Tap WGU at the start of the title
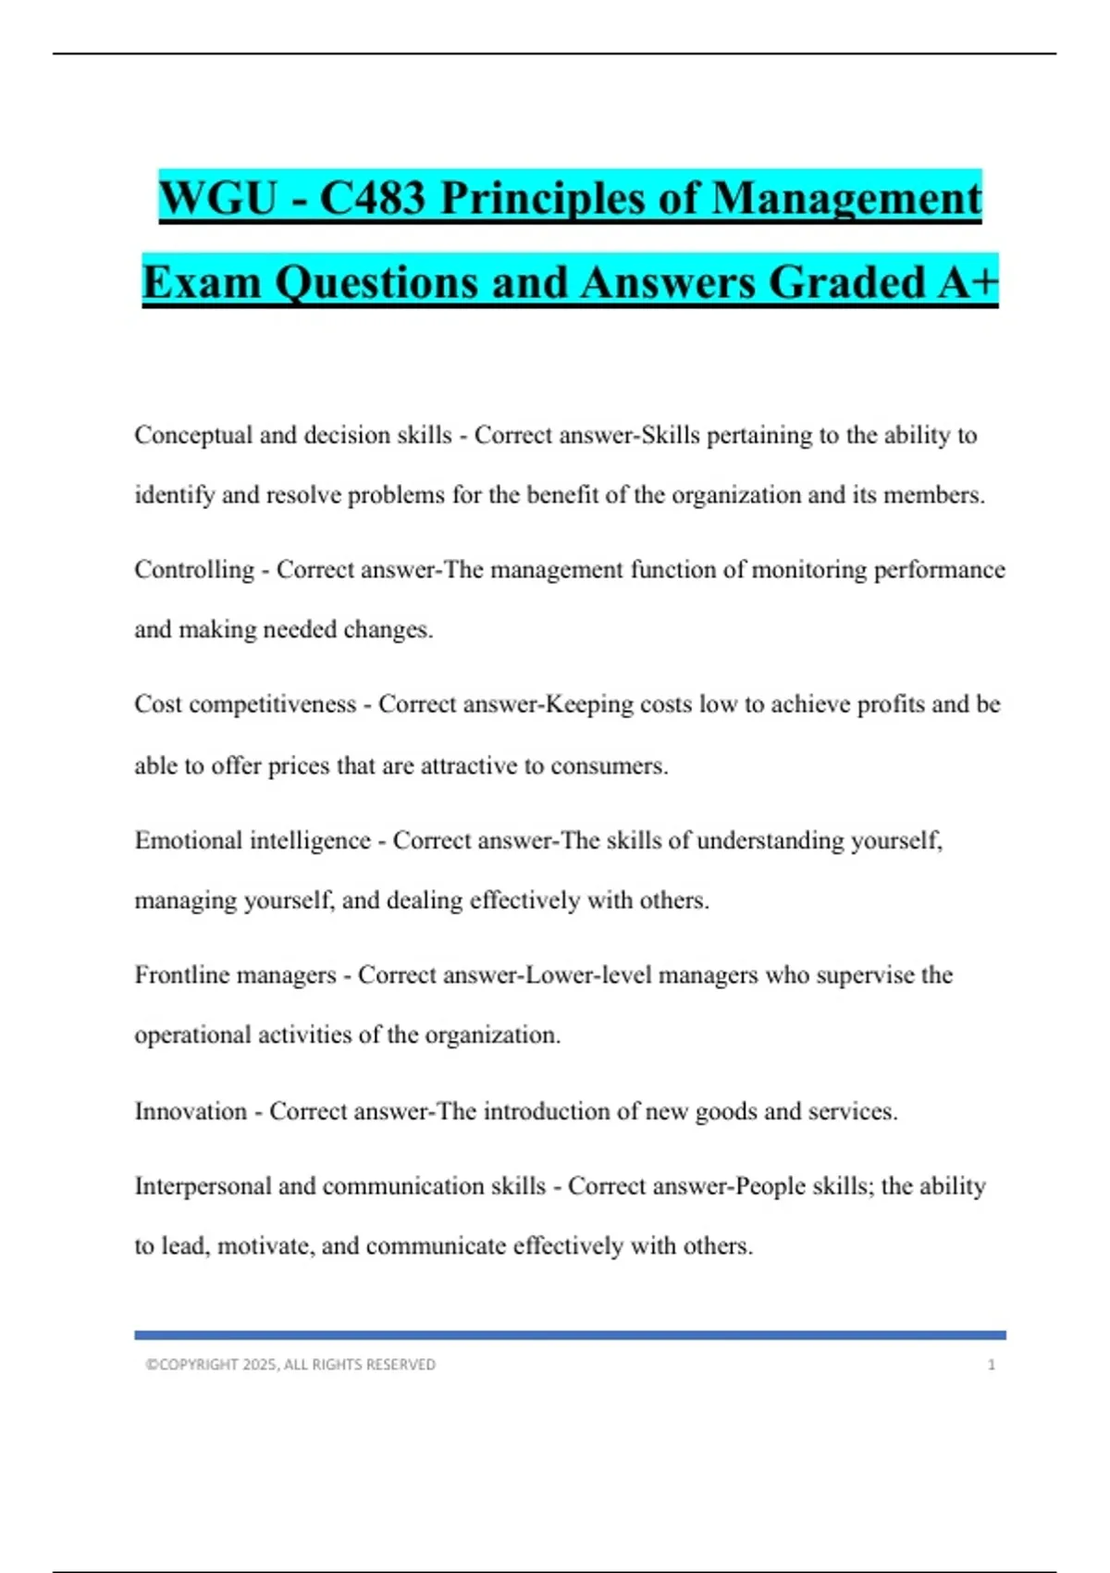coord(218,198)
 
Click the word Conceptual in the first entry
coord(193,435)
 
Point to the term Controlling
coord(194,569)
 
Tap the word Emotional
coord(189,840)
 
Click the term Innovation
coord(191,1110)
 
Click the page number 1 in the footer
coord(992,1365)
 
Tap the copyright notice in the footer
coord(290,1365)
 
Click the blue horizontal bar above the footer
coord(570,1335)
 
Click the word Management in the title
coord(846,198)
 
